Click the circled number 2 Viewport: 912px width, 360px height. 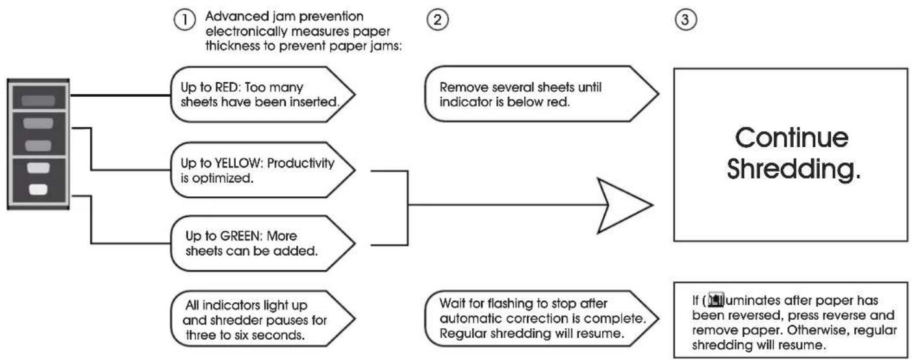pos(438,19)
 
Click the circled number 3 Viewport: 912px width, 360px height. pos(686,19)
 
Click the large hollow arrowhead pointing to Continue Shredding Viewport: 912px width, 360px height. pos(624,205)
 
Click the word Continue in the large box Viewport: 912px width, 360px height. pos(791,138)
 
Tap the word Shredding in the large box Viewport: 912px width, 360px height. pos(794,169)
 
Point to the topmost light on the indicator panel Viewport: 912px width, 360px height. pos(38,101)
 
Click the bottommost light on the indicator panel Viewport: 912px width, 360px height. pos(38,189)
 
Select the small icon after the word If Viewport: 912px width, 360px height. pos(716,300)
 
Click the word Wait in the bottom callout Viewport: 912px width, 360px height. pos(452,303)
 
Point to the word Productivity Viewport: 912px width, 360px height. pos(301,163)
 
